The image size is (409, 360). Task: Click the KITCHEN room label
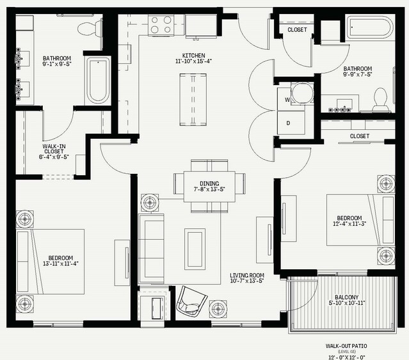pyautogui.click(x=193, y=56)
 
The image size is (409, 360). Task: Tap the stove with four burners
pyautogui.click(x=161, y=25)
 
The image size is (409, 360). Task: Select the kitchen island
pyautogui.click(x=193, y=100)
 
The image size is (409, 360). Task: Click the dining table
pyautogui.click(x=209, y=186)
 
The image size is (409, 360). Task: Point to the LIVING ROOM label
pyautogui.click(x=247, y=275)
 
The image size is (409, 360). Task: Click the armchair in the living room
pyautogui.click(x=192, y=301)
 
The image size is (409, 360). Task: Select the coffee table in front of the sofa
pyautogui.click(x=195, y=249)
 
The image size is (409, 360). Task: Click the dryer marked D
pyautogui.click(x=291, y=123)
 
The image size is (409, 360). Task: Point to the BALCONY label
pyautogui.click(x=347, y=297)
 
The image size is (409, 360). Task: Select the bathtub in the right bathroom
pyautogui.click(x=369, y=27)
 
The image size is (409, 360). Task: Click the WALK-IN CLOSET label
pyautogui.click(x=54, y=149)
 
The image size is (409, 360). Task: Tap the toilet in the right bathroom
pyautogui.click(x=381, y=100)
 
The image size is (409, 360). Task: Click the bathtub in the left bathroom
pyautogui.click(x=98, y=81)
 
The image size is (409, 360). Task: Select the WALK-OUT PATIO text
pyautogui.click(x=346, y=346)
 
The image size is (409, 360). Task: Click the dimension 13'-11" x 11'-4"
pyautogui.click(x=61, y=263)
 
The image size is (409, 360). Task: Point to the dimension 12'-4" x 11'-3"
pyautogui.click(x=349, y=224)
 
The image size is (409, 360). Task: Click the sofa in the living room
pyautogui.click(x=151, y=249)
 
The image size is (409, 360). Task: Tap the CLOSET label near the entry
pyautogui.click(x=297, y=29)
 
